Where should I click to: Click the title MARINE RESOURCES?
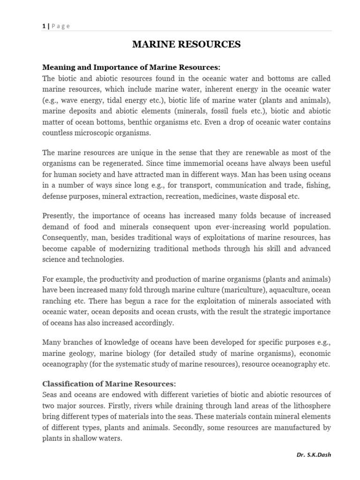(186, 45)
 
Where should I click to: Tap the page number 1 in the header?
(43, 26)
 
